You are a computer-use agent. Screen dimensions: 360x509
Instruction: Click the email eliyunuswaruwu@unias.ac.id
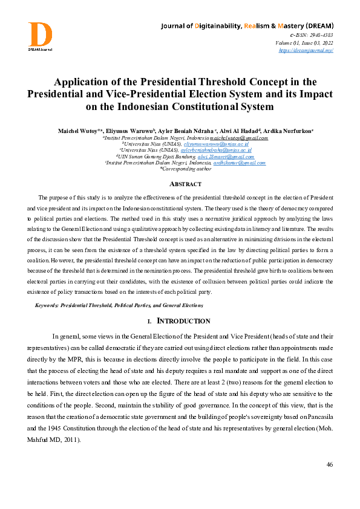click(217, 144)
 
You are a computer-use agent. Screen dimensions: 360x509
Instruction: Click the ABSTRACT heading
click(180, 184)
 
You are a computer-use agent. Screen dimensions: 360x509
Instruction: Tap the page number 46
click(329, 464)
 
